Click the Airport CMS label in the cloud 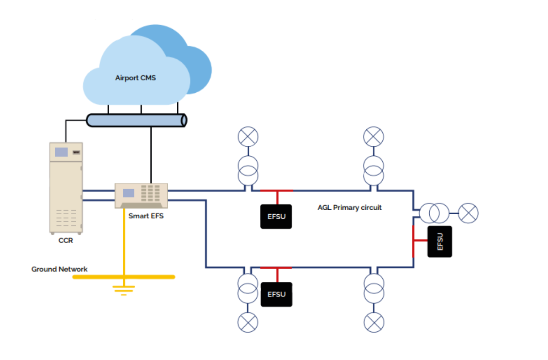point(135,78)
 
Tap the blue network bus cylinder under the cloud point(137,120)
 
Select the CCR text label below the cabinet point(65,241)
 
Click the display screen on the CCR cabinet point(61,152)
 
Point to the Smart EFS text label point(146,216)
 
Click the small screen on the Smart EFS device point(128,193)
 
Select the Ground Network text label point(59,269)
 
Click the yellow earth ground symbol point(123,289)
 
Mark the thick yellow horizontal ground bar point(124,276)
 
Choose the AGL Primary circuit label point(349,207)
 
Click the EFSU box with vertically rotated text point(439,241)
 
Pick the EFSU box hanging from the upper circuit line point(276,217)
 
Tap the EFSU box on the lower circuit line point(276,294)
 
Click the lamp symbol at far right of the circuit point(468,213)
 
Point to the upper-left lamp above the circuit point(248,136)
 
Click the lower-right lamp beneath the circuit point(374,323)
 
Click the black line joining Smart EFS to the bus point(150,155)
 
